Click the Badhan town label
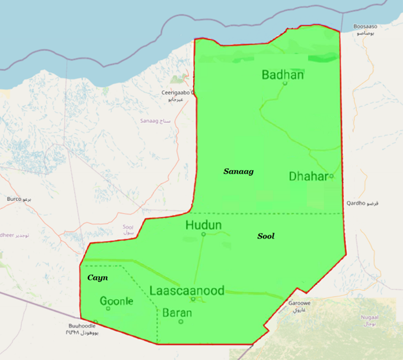tap(282, 75)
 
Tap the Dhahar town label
tap(309, 176)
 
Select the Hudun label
tap(203, 226)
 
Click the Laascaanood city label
tap(187, 291)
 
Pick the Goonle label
tap(117, 301)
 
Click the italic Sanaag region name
tap(238, 171)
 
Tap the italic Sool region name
tap(265, 237)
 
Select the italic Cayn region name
tap(98, 277)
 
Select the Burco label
tap(15, 200)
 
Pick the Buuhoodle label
tap(83, 326)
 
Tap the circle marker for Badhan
tap(285, 83)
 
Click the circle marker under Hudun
tap(203, 234)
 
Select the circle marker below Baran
tap(181, 321)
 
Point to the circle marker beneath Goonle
tap(108, 308)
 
